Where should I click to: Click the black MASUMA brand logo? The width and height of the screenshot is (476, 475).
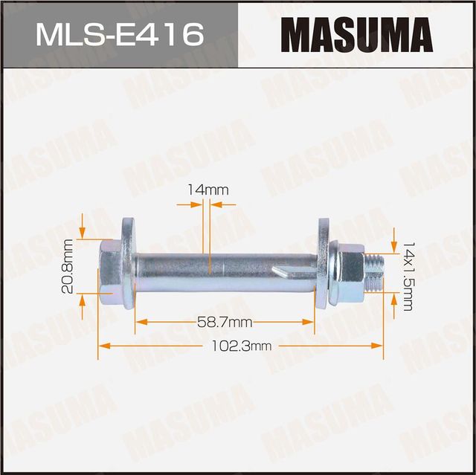357,34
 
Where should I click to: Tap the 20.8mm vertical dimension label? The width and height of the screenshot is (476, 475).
68,256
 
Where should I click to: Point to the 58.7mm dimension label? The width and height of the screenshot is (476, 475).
222,322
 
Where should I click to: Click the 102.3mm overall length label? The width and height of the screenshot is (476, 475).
242,346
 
